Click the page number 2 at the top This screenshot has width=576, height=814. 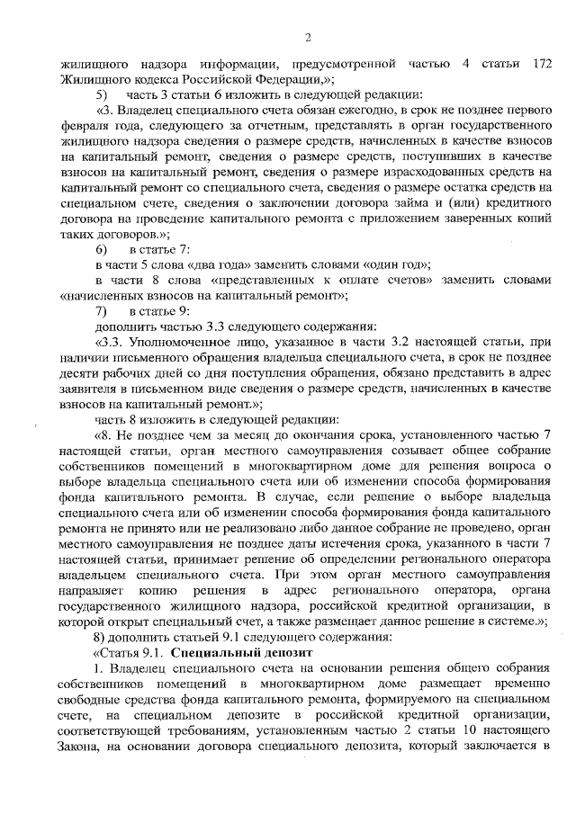(308, 37)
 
